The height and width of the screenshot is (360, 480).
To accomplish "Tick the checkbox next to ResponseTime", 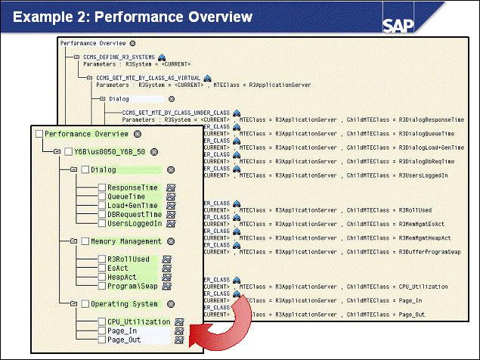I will (102, 188).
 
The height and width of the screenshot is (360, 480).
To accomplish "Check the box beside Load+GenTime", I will (102, 205).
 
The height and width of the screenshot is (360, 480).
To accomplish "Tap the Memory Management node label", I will (125, 241).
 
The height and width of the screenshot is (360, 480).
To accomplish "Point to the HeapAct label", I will (123, 278).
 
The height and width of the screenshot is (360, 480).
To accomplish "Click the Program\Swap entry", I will (132, 287).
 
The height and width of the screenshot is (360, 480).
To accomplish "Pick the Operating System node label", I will (124, 304).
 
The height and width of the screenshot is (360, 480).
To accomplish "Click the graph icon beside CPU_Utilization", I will (180, 322).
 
